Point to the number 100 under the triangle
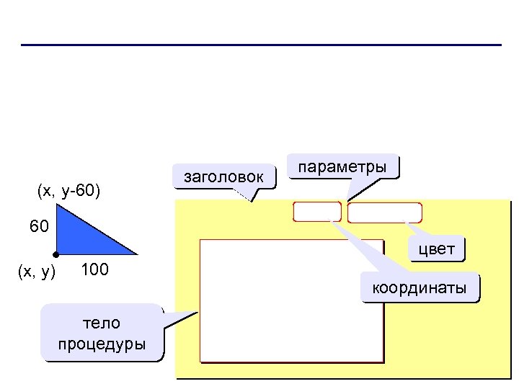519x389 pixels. pos(94,270)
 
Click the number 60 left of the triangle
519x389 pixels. pos(39,227)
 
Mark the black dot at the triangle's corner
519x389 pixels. pos(56,255)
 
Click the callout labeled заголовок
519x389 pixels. pos(224,176)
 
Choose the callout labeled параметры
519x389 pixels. pos(342,167)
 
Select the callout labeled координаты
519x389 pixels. pos(419,289)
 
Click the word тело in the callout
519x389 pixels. pos(102,322)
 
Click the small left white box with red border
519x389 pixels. pos(316,212)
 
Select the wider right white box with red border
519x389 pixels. pos(384,213)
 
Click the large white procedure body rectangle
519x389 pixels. pos(290,300)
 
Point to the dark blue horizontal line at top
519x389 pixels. pos(259,45)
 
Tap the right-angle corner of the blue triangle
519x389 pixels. pos(57,254)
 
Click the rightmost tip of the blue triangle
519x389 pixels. pos(136,254)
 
